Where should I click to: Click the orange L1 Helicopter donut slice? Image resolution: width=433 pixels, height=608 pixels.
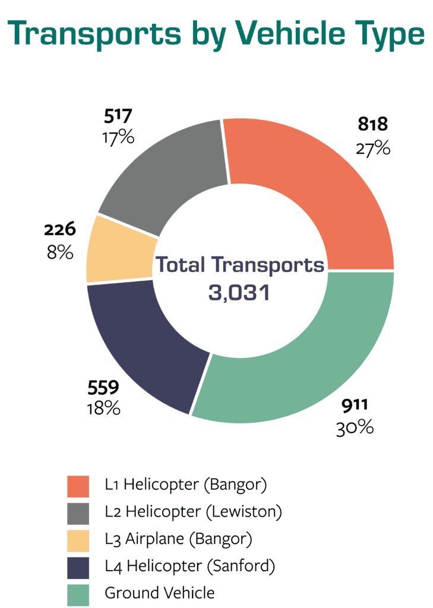click(x=321, y=190)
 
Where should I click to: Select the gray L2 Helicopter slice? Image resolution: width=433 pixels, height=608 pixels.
click(x=172, y=172)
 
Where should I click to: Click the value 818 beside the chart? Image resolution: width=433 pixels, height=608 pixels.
click(x=372, y=124)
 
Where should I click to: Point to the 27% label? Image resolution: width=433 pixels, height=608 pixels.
click(x=373, y=147)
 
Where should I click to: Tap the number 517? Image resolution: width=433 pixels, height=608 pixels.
click(x=118, y=115)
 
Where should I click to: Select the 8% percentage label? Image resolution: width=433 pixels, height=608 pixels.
click(x=60, y=252)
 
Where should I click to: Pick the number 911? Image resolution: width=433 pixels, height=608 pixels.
click(x=355, y=406)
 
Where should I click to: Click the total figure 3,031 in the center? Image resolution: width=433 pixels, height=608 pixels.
click(x=239, y=292)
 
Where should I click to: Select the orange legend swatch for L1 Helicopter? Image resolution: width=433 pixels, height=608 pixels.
click(x=78, y=486)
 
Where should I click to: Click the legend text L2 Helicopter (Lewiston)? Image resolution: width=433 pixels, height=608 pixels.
click(x=193, y=511)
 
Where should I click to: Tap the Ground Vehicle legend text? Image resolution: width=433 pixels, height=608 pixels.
click(x=159, y=593)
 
